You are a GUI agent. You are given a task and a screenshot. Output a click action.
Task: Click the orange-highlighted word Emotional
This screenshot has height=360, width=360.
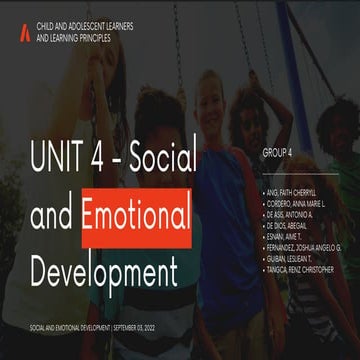click(136, 212)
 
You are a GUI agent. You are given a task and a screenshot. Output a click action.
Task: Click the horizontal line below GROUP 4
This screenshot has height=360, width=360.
click(300, 169)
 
